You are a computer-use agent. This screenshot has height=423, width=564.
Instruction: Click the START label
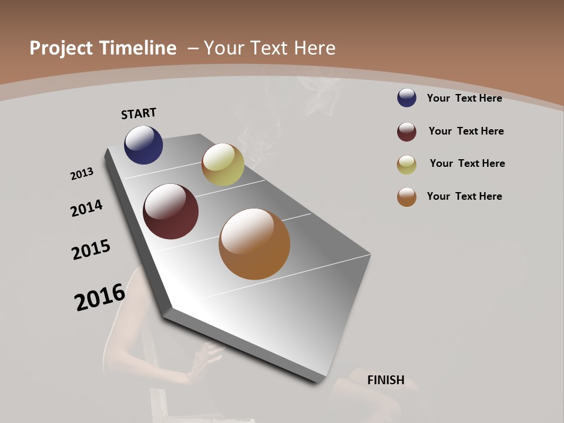[x=139, y=113]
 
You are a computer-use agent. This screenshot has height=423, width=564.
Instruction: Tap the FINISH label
[x=386, y=380]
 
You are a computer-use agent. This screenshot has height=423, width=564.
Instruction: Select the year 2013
[x=82, y=174]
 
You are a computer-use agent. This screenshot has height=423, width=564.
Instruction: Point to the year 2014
[x=87, y=208]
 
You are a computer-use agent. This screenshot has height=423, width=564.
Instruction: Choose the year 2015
[x=91, y=250]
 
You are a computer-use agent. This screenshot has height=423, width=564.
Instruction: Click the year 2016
[x=100, y=297]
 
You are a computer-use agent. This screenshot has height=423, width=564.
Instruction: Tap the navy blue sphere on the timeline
[x=143, y=145]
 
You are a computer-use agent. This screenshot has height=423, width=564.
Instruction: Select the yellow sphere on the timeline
[x=223, y=164]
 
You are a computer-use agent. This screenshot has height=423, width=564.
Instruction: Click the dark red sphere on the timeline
[x=170, y=211]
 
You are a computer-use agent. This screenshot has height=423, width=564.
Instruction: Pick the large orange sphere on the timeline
[x=254, y=244]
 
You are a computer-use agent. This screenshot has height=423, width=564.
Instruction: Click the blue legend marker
[x=407, y=98]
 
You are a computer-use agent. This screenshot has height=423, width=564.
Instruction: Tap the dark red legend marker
[x=407, y=132]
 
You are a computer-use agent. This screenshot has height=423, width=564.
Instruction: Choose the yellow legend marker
[x=407, y=164]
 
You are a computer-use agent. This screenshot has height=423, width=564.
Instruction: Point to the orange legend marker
[x=407, y=197]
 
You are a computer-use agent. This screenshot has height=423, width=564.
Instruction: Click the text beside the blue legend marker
[x=464, y=98]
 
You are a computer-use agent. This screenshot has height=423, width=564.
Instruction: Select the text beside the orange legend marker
[x=464, y=196]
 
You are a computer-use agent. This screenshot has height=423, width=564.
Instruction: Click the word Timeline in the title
[x=138, y=48]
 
